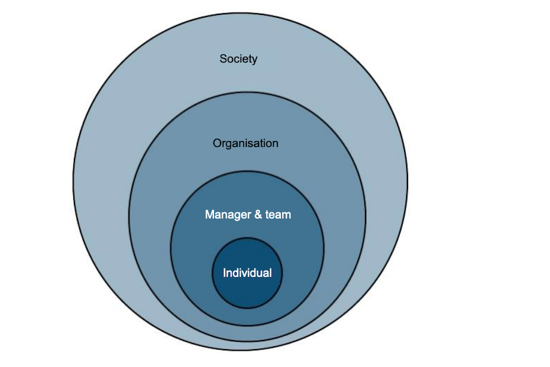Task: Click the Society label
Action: (x=238, y=58)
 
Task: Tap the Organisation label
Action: (x=245, y=143)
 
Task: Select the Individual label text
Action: (x=247, y=273)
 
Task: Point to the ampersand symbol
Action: (x=258, y=215)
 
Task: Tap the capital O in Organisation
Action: (x=217, y=143)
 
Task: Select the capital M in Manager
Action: (x=209, y=215)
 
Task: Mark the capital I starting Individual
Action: (x=224, y=273)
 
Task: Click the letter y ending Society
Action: (x=254, y=60)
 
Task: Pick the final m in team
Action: (x=287, y=216)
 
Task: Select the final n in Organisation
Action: (x=275, y=143)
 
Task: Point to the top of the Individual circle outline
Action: (x=247, y=238)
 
